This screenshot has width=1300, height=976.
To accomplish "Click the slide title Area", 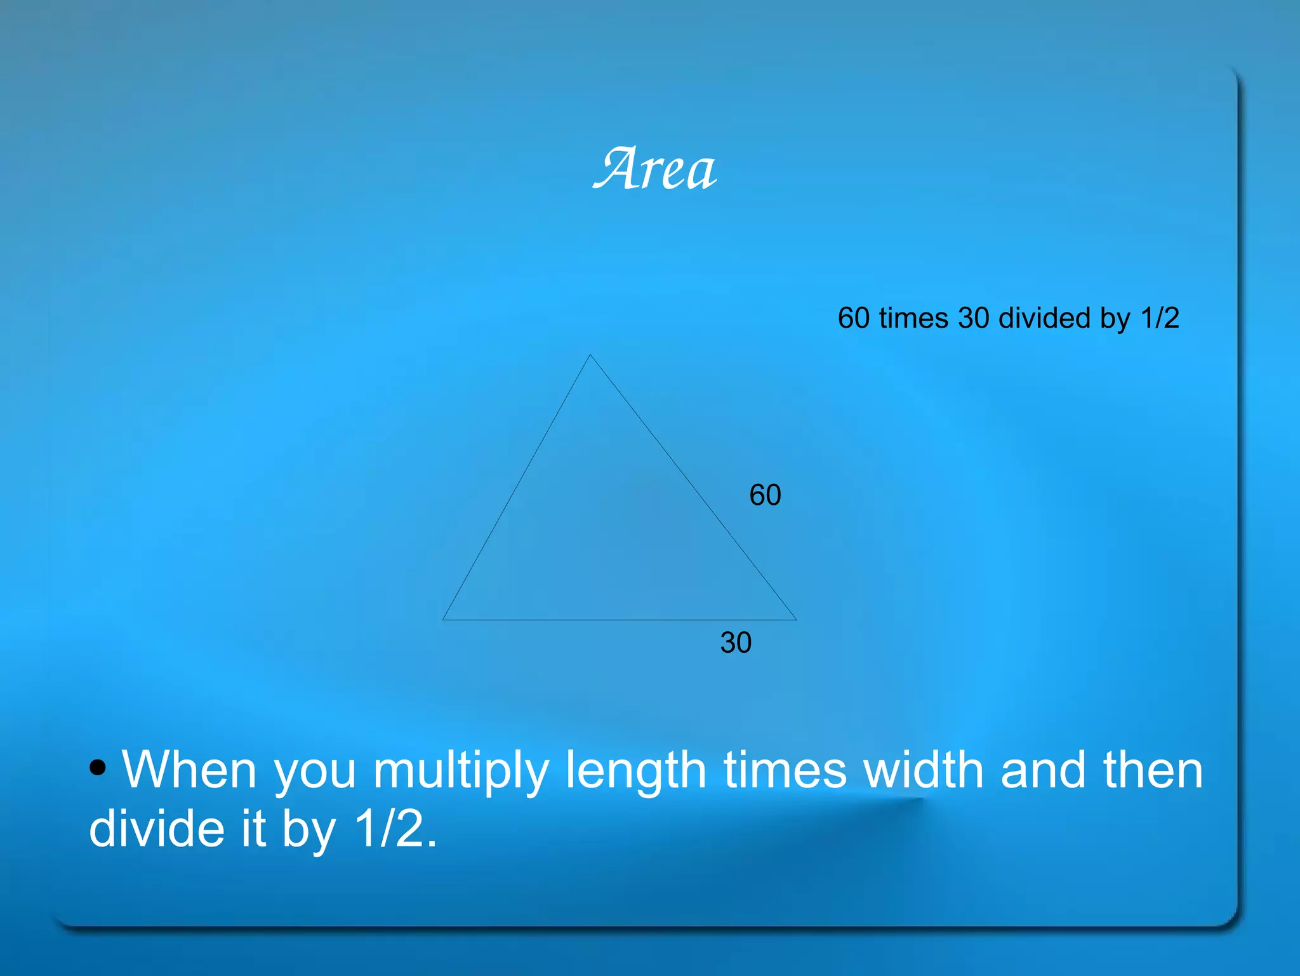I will click(655, 169).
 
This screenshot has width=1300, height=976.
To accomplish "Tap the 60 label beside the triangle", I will click(765, 495).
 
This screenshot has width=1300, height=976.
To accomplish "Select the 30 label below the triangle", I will click(736, 643).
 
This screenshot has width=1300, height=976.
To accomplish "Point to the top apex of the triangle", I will click(590, 356).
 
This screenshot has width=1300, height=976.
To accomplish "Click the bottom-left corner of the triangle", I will click(444, 619).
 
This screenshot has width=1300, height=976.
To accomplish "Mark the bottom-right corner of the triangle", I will click(795, 619).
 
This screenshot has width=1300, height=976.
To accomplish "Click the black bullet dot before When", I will click(98, 768).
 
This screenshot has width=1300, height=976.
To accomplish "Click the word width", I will click(924, 770).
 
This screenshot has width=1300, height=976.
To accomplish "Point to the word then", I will click(1152, 770).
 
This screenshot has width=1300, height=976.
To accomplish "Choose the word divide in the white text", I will click(157, 829).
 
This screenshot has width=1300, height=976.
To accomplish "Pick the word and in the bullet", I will click(1043, 770).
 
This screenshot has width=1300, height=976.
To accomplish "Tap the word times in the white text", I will click(785, 770).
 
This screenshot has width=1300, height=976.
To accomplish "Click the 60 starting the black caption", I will click(853, 318).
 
